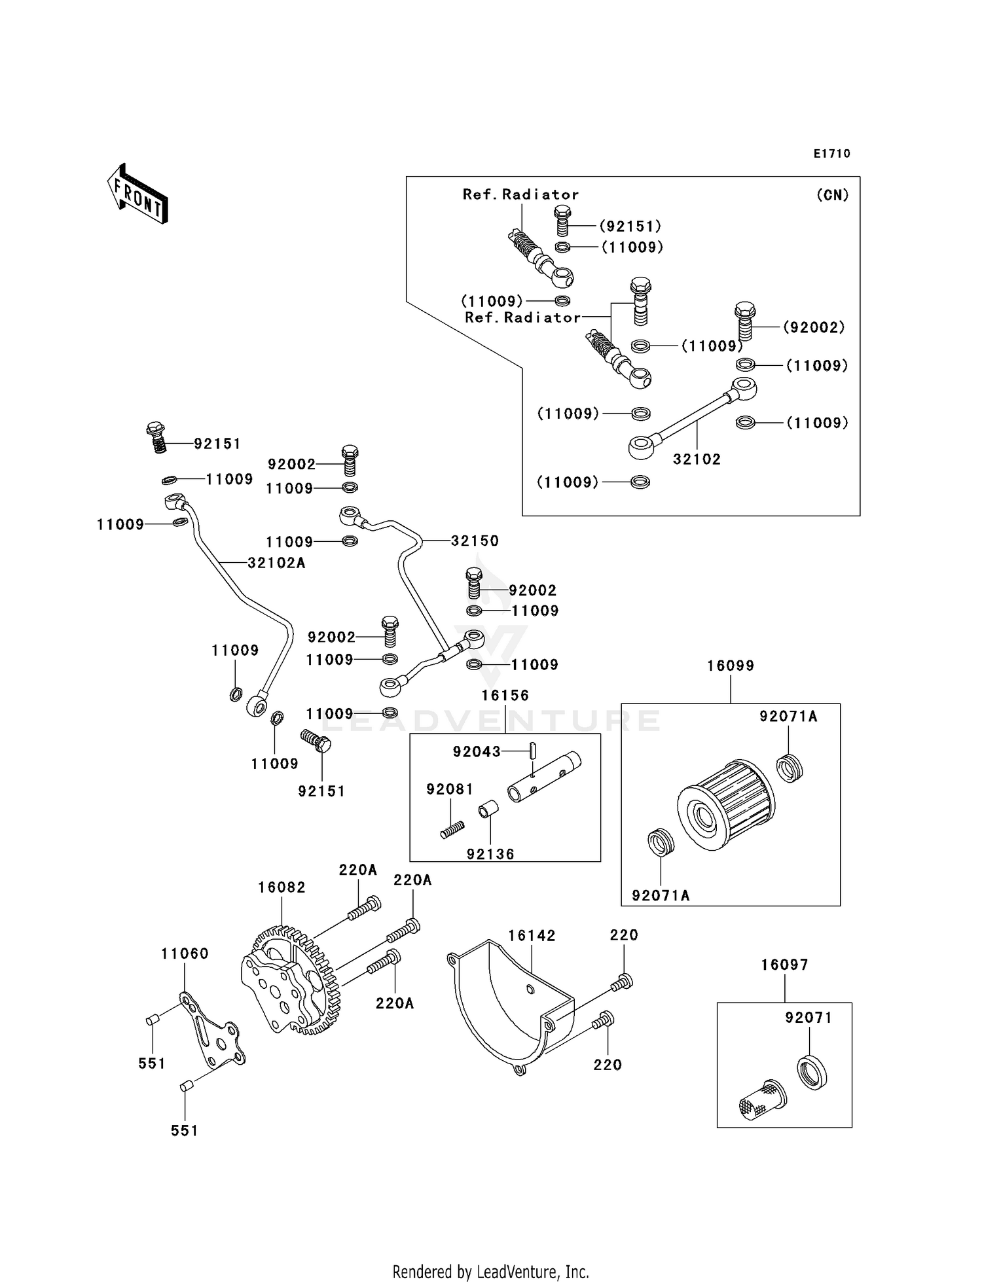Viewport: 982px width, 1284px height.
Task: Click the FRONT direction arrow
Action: pos(137,194)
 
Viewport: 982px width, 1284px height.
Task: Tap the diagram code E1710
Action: pos(832,154)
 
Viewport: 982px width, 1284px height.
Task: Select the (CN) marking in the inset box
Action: pos(832,195)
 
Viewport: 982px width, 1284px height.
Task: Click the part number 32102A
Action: pos(276,563)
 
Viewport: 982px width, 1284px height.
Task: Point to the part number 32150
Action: pos(475,541)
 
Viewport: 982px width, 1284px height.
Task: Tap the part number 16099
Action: pos(731,666)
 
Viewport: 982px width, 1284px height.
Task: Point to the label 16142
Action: pos(532,936)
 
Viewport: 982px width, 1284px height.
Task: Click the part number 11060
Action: pos(185,954)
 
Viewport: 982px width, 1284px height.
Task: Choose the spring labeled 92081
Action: pos(452,830)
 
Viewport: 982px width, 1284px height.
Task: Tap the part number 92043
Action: pos(477,752)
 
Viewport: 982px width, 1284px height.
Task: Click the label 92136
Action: pos(490,854)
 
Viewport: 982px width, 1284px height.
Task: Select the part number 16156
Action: pos(505,695)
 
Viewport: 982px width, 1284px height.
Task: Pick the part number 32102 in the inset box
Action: pos(697,459)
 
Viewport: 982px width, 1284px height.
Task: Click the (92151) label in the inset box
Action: pos(630,226)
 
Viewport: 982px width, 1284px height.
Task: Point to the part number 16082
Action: pos(282,887)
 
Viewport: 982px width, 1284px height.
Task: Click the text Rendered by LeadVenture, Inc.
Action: pos(491,1272)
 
